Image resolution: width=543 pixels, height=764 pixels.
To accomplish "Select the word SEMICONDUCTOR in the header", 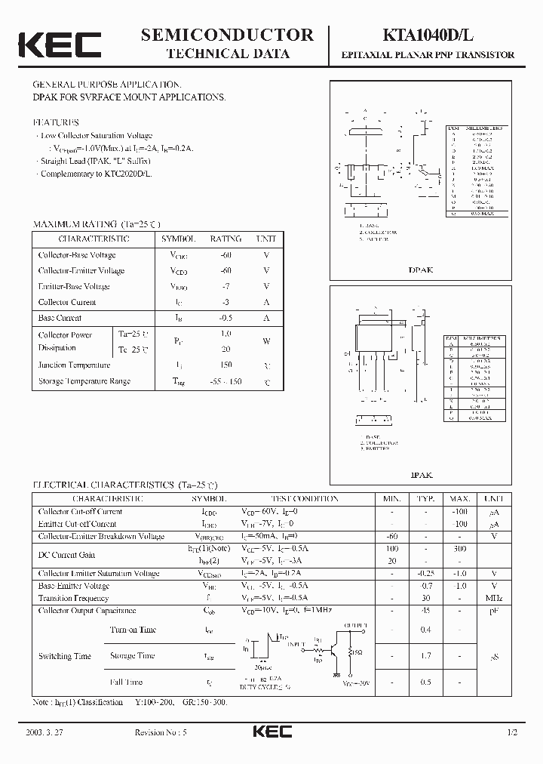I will pyautogui.click(x=227, y=35).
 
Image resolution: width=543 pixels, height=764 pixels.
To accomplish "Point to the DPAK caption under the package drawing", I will pyautogui.click(x=421, y=270).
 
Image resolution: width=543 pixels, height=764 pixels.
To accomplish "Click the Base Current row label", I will pyautogui.click(x=60, y=318).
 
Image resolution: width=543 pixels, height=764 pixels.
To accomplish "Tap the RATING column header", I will pyautogui.click(x=225, y=239).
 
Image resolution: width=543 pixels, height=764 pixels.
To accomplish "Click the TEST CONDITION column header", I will pyautogui.click(x=305, y=499).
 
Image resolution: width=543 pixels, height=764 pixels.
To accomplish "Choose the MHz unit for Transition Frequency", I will pyautogui.click(x=494, y=598).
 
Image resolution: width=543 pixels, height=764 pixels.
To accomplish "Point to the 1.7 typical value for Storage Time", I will pyautogui.click(x=426, y=656).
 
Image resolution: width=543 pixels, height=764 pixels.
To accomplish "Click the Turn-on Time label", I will pyautogui.click(x=133, y=630).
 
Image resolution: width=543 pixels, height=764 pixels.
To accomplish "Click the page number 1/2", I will pyautogui.click(x=514, y=733).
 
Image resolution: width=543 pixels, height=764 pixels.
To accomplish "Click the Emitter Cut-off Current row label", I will pyautogui.click(x=78, y=524).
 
